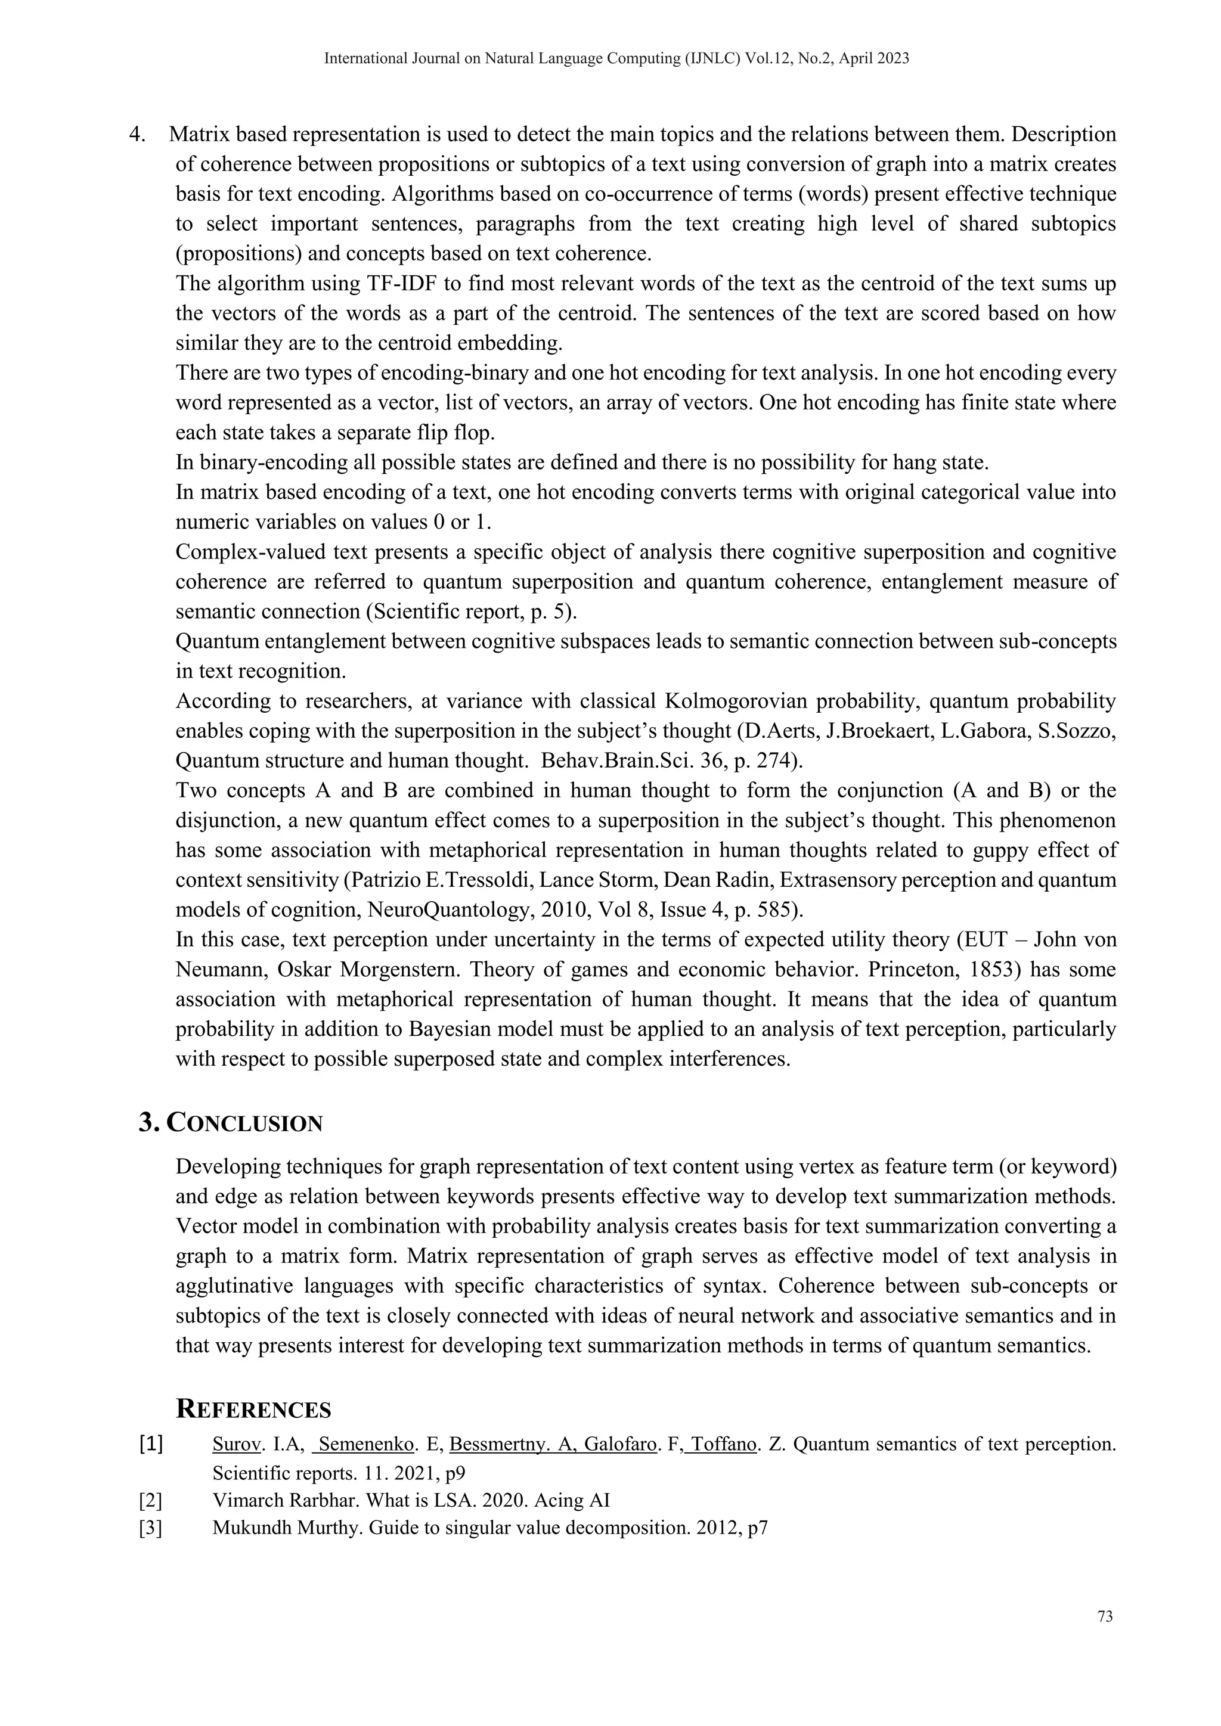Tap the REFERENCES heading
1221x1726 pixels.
[x=253, y=1410]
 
